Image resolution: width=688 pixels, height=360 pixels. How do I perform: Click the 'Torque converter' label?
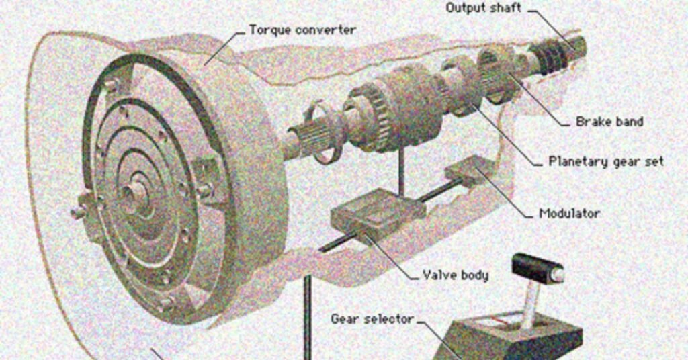coord(302,30)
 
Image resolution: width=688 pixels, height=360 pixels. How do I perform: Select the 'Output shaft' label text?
coord(483,8)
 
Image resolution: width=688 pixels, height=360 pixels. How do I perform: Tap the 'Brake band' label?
coord(609,122)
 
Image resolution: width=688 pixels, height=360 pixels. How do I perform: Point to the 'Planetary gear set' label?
coord(606,161)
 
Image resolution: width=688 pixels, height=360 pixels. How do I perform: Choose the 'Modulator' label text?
coord(569,214)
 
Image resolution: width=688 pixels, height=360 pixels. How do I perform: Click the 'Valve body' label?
coord(455,275)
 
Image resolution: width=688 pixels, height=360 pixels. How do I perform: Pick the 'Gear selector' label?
coord(372,318)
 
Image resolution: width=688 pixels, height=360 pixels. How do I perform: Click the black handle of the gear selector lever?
coord(537,269)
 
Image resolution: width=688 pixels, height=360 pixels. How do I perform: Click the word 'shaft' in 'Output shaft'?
coord(505,8)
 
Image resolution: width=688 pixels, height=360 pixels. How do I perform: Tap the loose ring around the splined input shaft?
coord(322,131)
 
